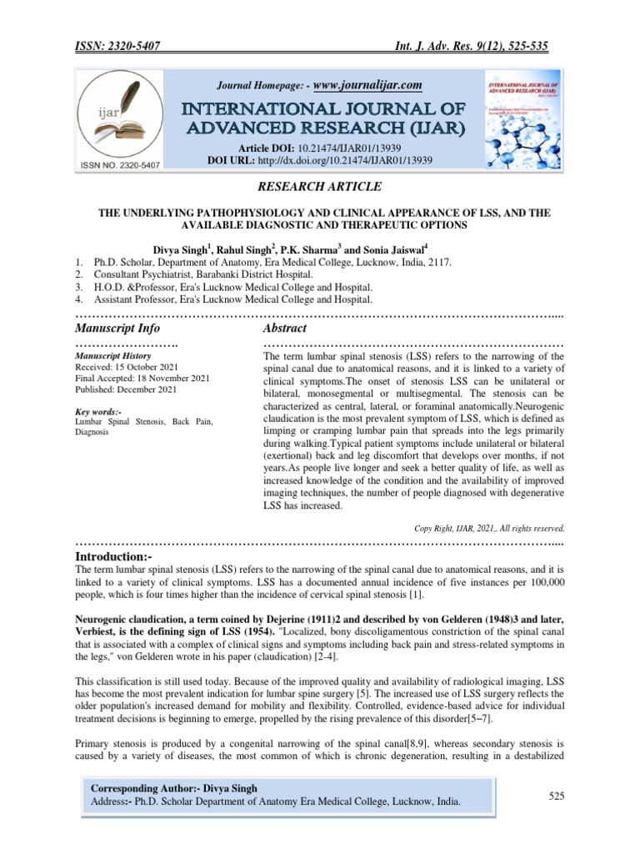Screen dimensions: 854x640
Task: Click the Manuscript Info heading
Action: (x=117, y=329)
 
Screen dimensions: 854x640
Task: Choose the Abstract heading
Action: (x=285, y=329)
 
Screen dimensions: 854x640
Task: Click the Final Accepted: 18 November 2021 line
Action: (x=142, y=378)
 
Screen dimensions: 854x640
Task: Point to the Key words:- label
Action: (x=98, y=412)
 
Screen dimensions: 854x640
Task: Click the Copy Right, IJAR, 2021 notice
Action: (x=489, y=528)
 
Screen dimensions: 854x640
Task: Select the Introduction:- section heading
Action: (x=121, y=555)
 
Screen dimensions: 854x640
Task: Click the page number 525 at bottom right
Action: (x=557, y=796)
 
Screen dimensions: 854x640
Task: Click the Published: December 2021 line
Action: (x=126, y=389)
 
